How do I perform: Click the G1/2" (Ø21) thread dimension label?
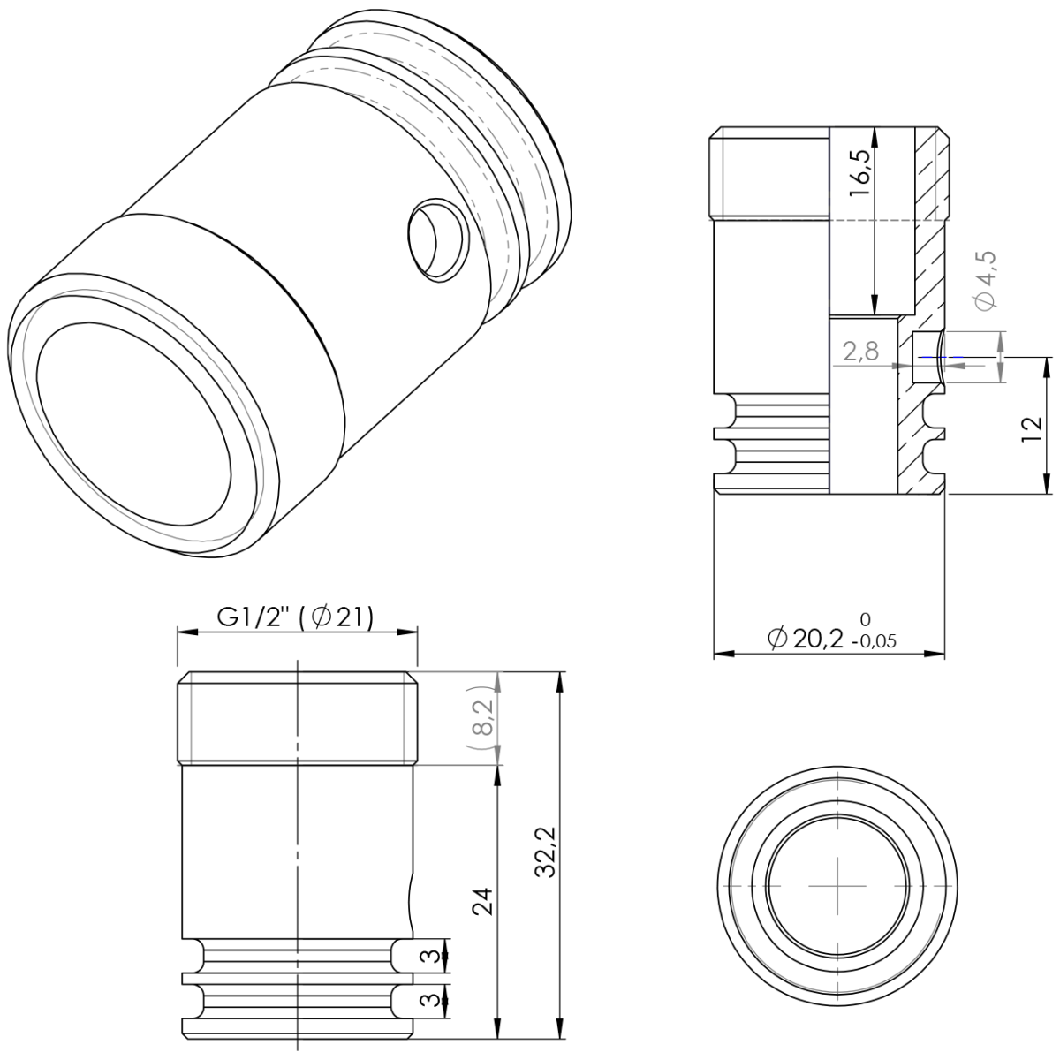(x=296, y=617)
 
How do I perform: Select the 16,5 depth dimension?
(x=861, y=172)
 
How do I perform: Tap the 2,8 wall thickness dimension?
(x=859, y=352)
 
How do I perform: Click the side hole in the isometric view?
(x=435, y=238)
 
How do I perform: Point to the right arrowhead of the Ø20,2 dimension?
(x=938, y=654)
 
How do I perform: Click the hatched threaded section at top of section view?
(x=932, y=172)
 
